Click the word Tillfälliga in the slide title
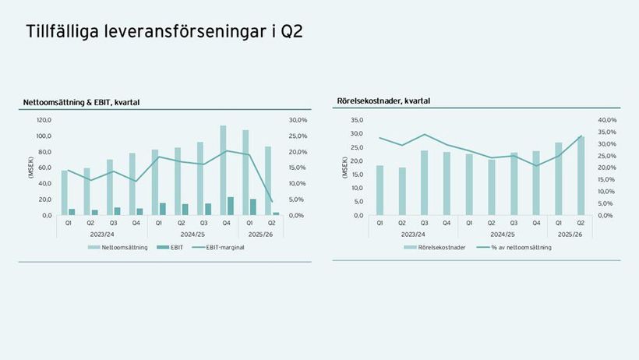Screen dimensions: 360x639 63,32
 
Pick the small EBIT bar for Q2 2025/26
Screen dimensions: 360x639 276,213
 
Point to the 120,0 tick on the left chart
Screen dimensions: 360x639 44,120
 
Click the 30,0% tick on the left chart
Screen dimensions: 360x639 298,120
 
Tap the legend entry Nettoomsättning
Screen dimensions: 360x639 118,247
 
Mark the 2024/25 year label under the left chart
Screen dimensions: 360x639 191,234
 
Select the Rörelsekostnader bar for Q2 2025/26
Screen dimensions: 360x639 581,176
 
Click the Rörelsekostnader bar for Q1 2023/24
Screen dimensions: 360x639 380,190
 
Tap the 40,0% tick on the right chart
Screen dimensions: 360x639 608,120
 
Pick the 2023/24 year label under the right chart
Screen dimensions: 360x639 413,234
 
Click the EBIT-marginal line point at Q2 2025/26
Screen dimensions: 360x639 272,202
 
